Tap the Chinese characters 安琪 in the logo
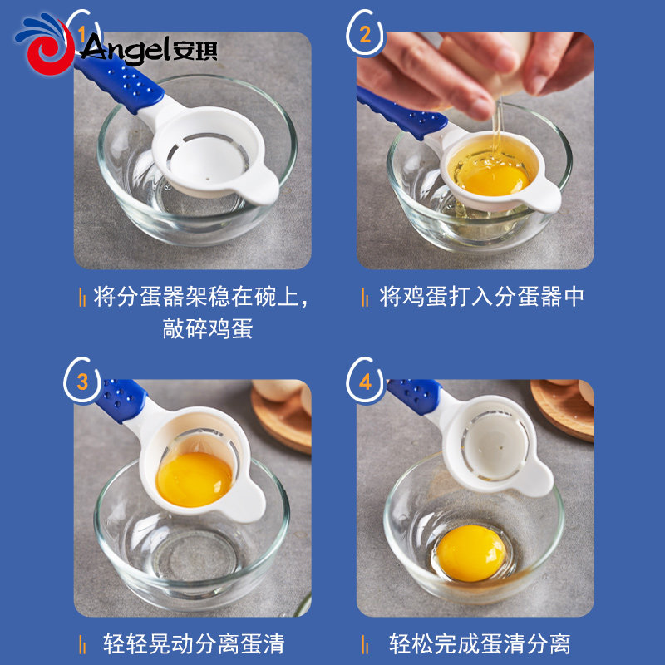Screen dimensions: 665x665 [x=195, y=51]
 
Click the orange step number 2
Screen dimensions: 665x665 [x=365, y=35]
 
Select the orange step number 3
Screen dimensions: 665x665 [x=82, y=382]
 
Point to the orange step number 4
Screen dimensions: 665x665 [x=365, y=382]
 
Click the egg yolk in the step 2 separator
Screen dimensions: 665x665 [x=493, y=180]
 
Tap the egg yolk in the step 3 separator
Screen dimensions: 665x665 [x=195, y=480]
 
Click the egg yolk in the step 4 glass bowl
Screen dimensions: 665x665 [x=471, y=553]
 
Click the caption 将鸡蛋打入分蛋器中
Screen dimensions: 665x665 [x=481, y=297]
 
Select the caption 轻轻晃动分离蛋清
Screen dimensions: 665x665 [x=194, y=643]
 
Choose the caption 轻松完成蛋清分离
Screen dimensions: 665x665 [x=480, y=643]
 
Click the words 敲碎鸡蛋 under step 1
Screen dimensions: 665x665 [x=208, y=328]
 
